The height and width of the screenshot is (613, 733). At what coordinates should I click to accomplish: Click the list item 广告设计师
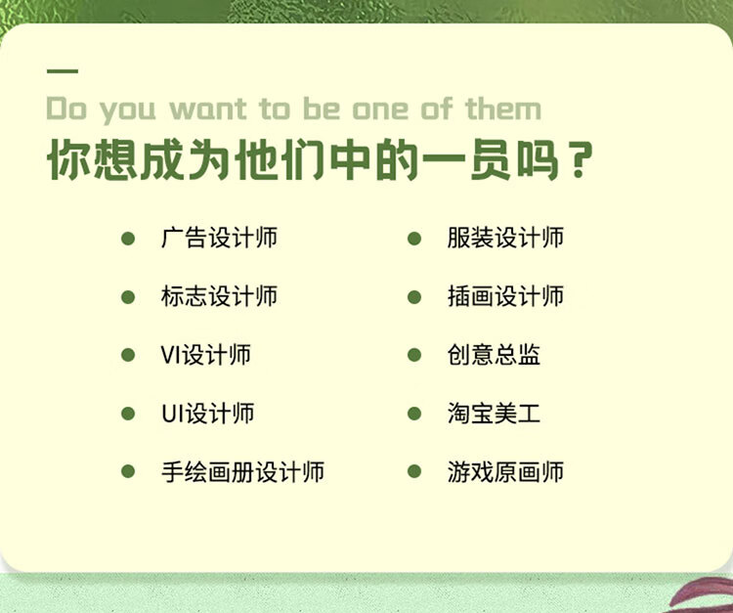[219, 238]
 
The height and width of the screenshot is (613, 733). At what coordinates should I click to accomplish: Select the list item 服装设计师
[505, 238]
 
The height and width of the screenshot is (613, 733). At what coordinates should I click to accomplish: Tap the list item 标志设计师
[219, 296]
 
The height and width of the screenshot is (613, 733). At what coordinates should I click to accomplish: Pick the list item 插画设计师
[505, 296]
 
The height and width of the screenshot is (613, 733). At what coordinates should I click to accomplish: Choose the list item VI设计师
[205, 355]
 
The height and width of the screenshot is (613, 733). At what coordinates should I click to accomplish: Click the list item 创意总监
[494, 355]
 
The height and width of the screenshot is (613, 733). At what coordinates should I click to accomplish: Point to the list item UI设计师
[207, 414]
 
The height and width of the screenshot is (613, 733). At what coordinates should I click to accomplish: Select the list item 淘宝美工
[494, 414]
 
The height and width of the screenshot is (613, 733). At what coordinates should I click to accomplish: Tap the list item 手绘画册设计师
[242, 471]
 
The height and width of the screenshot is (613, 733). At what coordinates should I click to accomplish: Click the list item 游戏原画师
[505, 471]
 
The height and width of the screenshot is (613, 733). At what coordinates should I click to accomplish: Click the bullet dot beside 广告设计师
[128, 239]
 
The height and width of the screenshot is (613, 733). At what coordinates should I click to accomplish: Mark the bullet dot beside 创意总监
[414, 355]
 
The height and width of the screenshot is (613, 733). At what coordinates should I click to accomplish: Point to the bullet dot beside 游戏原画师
[414, 471]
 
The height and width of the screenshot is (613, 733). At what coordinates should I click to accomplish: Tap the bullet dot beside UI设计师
[128, 414]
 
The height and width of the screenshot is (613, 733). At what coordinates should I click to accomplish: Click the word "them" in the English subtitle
[503, 109]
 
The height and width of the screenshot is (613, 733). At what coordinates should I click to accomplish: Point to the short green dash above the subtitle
[63, 71]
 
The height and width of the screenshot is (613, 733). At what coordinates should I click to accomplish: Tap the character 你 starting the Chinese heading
[69, 159]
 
